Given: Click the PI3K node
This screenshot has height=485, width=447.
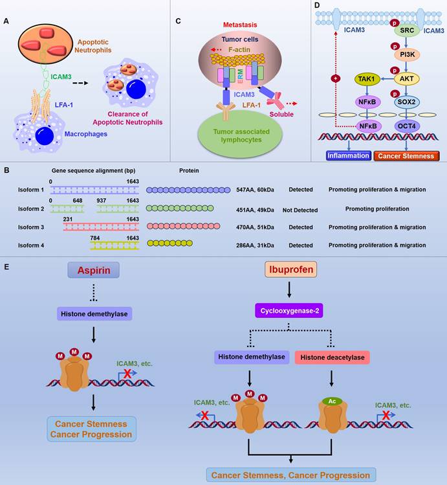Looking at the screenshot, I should tap(407, 54).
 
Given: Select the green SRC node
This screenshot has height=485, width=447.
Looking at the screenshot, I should tap(407, 30).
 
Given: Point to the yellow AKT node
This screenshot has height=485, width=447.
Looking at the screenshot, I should tap(407, 79).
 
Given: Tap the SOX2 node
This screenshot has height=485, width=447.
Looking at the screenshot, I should tap(407, 102).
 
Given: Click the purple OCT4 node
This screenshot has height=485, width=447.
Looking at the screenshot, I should tap(407, 126).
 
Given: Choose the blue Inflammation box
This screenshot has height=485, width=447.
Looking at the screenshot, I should tap(348, 155).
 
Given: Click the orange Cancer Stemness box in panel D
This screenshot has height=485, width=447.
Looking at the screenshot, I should tap(407, 155).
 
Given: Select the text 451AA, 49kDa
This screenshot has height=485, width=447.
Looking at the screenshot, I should tap(255, 209).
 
